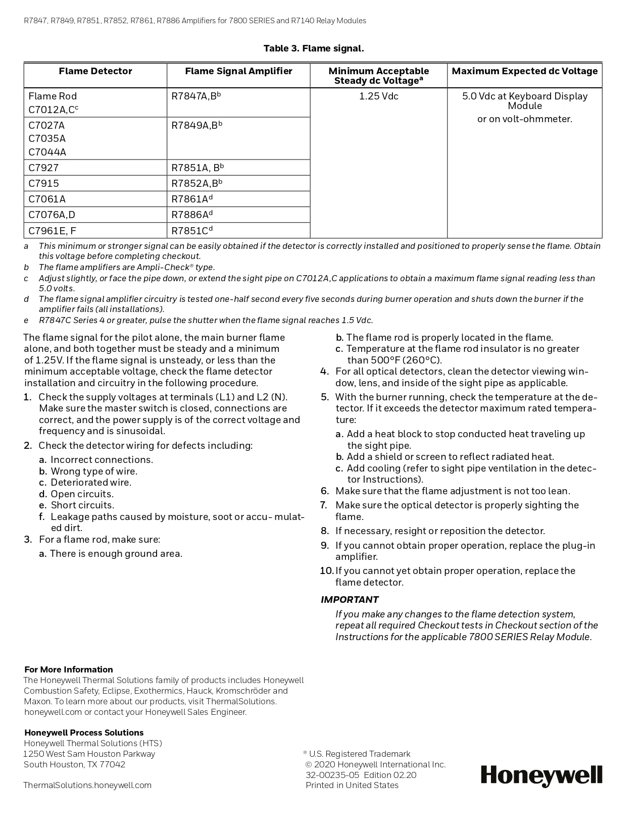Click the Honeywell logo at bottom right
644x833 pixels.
[x=541, y=775]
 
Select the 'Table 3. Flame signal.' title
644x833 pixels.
[x=314, y=48]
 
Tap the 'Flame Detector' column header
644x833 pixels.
[x=95, y=71]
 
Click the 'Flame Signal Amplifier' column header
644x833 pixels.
[x=238, y=71]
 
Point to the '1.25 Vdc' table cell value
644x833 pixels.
[x=379, y=96]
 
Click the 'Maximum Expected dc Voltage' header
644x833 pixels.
[x=525, y=71]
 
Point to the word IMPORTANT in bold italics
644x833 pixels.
[x=350, y=600]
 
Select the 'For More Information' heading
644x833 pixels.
[x=69, y=669]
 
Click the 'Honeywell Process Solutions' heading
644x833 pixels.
[x=84, y=733]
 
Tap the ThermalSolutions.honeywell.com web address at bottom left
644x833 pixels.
[x=87, y=785]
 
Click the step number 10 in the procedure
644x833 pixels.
[x=327, y=571]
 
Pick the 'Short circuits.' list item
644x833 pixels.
[x=82, y=505]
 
